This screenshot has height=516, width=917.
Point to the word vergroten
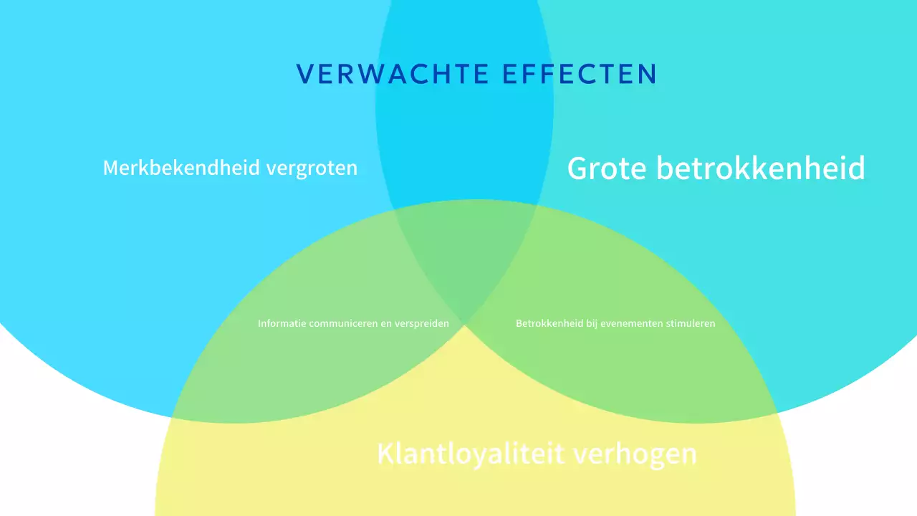312,168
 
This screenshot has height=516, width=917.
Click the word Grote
608,168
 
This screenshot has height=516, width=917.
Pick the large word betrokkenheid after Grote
761,168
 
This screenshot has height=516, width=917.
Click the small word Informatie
282,323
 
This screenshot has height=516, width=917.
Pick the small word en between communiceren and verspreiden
385,323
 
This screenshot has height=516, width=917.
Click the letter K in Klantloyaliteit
385,454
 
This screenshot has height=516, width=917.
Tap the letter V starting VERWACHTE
304,74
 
